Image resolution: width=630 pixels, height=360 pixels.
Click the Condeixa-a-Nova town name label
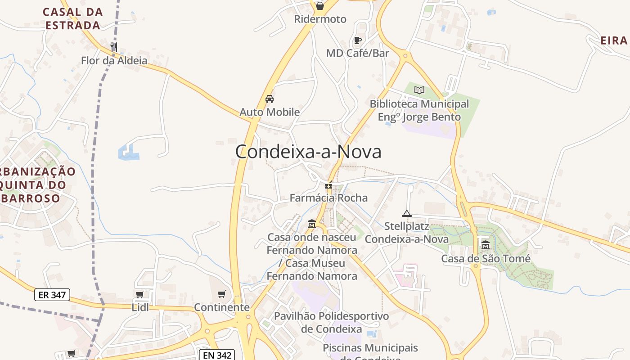[308, 152]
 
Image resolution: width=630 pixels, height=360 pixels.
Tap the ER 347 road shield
[52, 295]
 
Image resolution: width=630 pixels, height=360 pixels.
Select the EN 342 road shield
[217, 355]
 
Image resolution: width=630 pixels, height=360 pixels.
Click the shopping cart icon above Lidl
[139, 294]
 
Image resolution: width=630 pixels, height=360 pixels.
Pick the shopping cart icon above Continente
[221, 294]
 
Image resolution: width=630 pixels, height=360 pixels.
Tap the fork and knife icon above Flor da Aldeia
[114, 46]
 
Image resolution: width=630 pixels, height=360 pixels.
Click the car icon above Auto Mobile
[269, 99]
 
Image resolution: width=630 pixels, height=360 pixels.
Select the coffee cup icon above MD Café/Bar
[357, 40]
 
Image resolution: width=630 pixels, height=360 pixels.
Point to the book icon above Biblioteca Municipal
[419, 90]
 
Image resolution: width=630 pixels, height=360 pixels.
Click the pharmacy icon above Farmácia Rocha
[329, 185]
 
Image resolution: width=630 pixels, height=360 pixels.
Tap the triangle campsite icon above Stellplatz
[407, 213]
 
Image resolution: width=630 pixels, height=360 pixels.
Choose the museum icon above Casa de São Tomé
[485, 245]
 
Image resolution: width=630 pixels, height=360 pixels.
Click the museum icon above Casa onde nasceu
[311, 224]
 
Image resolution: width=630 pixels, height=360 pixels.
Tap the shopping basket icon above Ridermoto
[319, 6]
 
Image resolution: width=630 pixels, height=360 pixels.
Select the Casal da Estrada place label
[72, 18]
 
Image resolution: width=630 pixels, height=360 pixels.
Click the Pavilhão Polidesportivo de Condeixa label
[331, 322]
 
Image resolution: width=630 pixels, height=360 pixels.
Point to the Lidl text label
[140, 307]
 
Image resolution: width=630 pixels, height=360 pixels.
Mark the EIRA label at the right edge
[614, 40]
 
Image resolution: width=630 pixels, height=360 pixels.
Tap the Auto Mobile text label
[270, 112]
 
